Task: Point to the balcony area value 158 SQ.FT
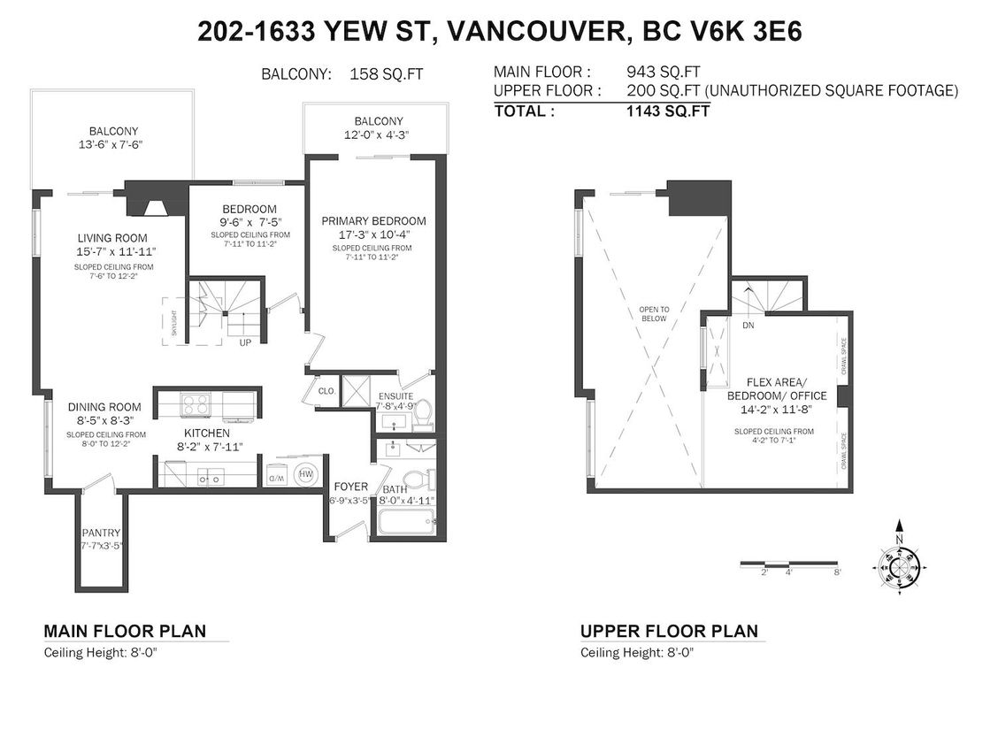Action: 387,74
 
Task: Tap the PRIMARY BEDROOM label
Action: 373,221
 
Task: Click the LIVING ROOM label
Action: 111,238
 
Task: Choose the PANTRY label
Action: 101,533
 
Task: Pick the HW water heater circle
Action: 306,474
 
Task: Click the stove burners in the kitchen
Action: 194,405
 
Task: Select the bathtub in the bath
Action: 405,522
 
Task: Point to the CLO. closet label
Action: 325,389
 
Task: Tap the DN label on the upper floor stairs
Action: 748,326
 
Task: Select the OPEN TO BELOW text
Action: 655,314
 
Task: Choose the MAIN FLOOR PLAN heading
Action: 125,631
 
